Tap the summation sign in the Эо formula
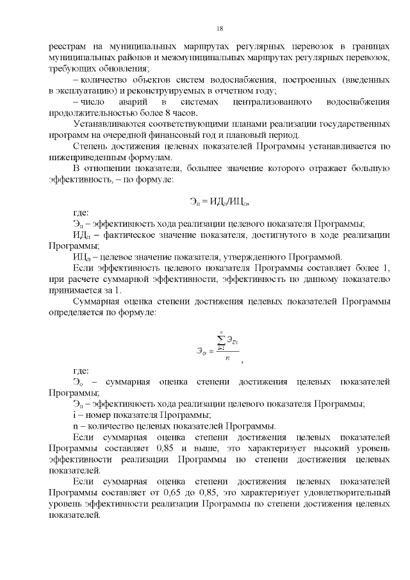[220, 342]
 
